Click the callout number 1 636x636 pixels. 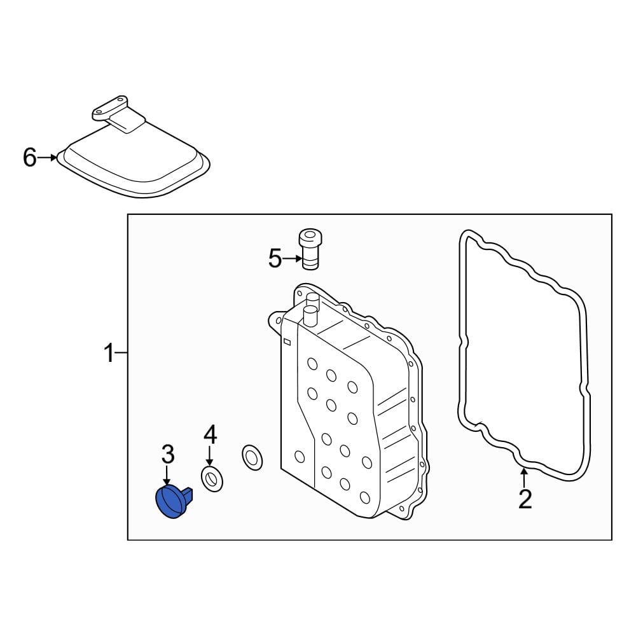pos(109,352)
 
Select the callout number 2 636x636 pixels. pos(525,499)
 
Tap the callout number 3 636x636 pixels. pos(168,454)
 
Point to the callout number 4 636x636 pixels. pos(210,434)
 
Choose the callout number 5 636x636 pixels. pos(275,258)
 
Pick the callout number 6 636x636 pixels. pos(30,157)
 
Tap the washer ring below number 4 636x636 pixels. pos(212,479)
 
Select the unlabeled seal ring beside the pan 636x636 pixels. pos(252,457)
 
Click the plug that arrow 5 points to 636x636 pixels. pos(310,249)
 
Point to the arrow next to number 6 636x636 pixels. pos(48,157)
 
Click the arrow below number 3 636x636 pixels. pos(167,475)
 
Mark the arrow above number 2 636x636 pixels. pos(524,478)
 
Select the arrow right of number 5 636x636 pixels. pos(293,258)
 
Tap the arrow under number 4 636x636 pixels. pos(209,455)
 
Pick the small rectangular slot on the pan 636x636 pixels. pos(287,342)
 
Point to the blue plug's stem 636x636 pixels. pos(188,494)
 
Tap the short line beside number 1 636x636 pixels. pos(121,353)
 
